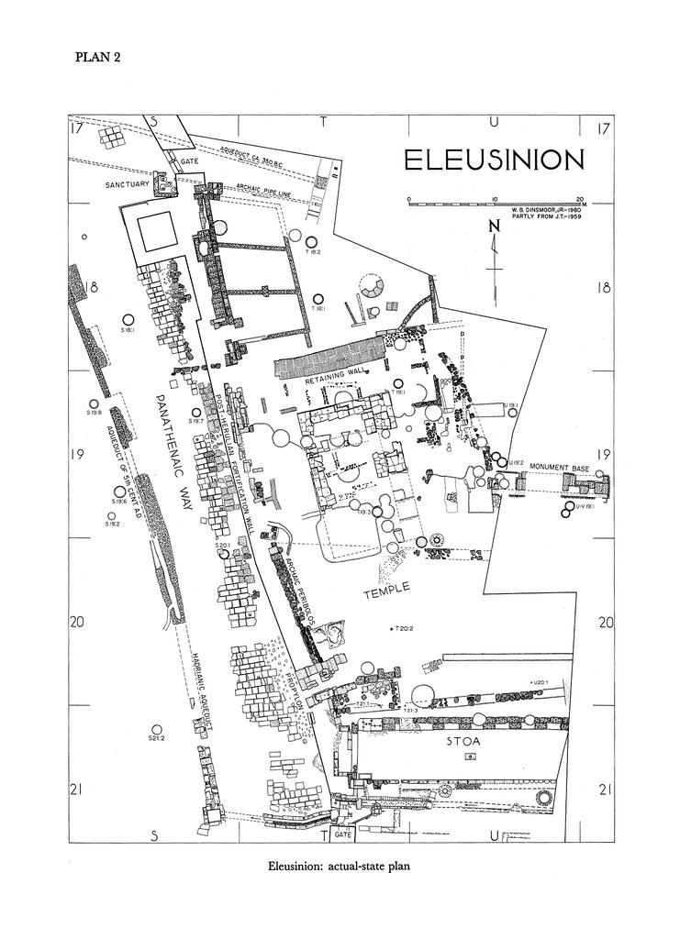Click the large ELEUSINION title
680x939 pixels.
click(x=493, y=160)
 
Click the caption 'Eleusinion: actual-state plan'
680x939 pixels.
click(x=340, y=867)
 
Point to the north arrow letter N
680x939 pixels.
click(x=494, y=227)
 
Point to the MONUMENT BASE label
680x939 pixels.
click(x=559, y=467)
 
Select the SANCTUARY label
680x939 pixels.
click(x=127, y=184)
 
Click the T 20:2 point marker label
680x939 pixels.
click(x=405, y=628)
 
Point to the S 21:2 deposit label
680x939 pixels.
click(x=155, y=737)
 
